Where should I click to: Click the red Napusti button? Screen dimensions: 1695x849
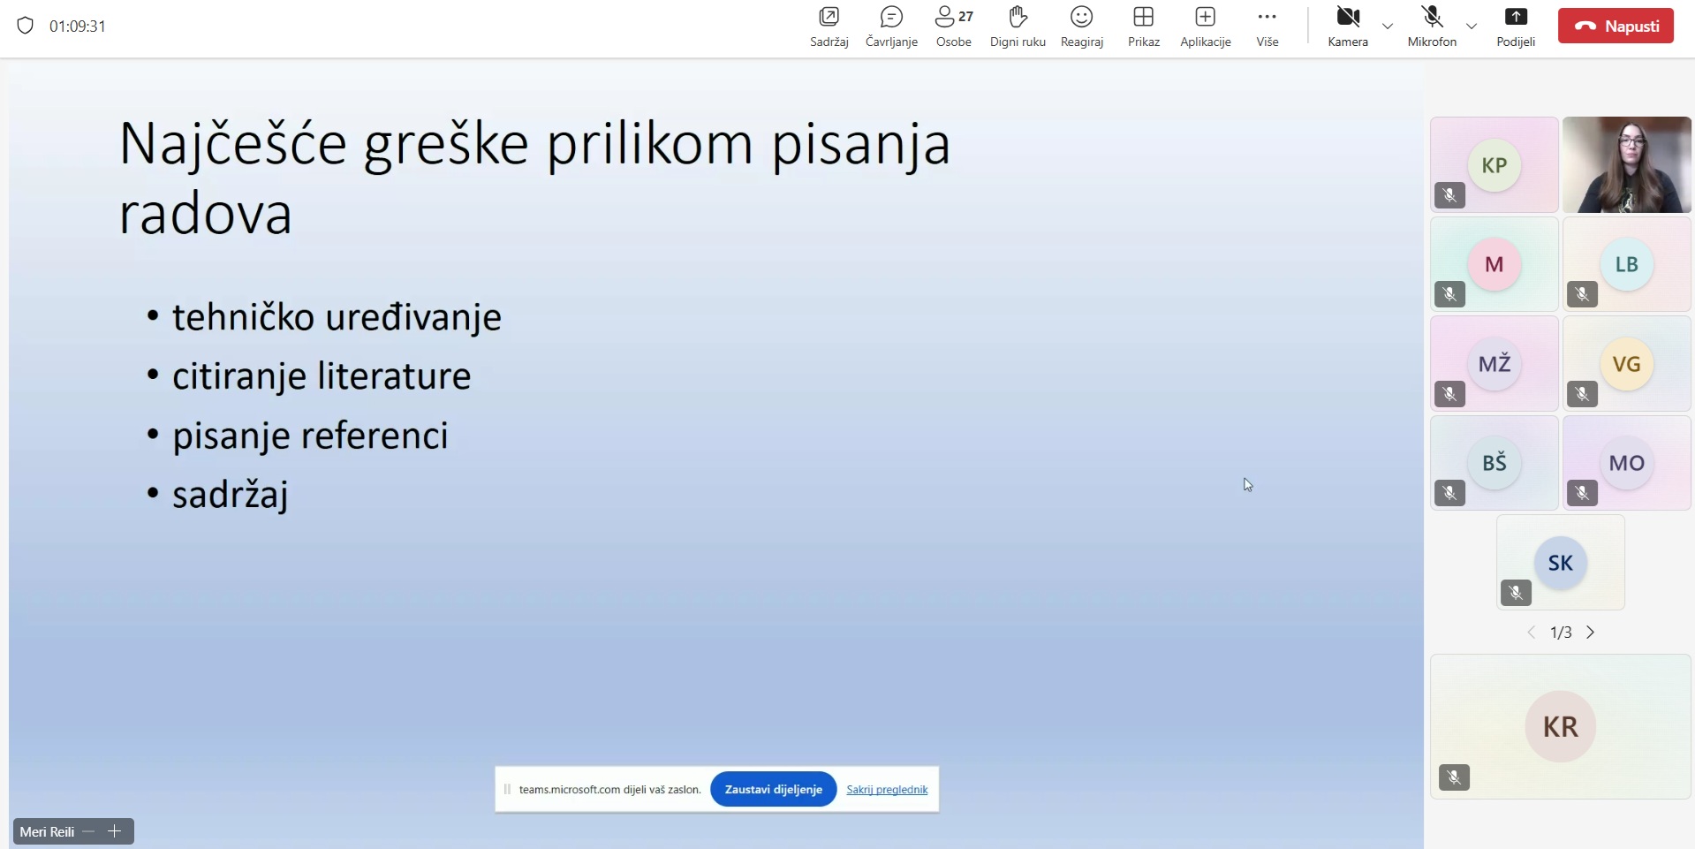click(x=1616, y=27)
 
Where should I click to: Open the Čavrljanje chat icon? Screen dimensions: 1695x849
click(x=891, y=17)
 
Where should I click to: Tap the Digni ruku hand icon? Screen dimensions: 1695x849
click(x=1018, y=17)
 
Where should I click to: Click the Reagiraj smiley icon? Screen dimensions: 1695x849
click(x=1082, y=17)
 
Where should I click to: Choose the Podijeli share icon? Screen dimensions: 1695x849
click(x=1516, y=17)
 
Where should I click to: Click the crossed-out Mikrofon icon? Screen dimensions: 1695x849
click(x=1432, y=17)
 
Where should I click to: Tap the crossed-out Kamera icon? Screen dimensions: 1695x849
click(x=1348, y=17)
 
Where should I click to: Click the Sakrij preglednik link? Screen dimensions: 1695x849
click(x=887, y=790)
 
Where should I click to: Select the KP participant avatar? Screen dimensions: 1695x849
click(x=1494, y=165)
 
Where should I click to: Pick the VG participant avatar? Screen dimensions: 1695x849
click(x=1627, y=364)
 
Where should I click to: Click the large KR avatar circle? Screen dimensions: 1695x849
click(x=1561, y=726)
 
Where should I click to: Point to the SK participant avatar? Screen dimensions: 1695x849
click(x=1561, y=563)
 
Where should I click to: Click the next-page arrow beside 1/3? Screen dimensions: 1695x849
click(x=1591, y=633)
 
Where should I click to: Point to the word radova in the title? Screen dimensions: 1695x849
click(x=206, y=215)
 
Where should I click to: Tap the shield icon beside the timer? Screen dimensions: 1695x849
click(x=26, y=26)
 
